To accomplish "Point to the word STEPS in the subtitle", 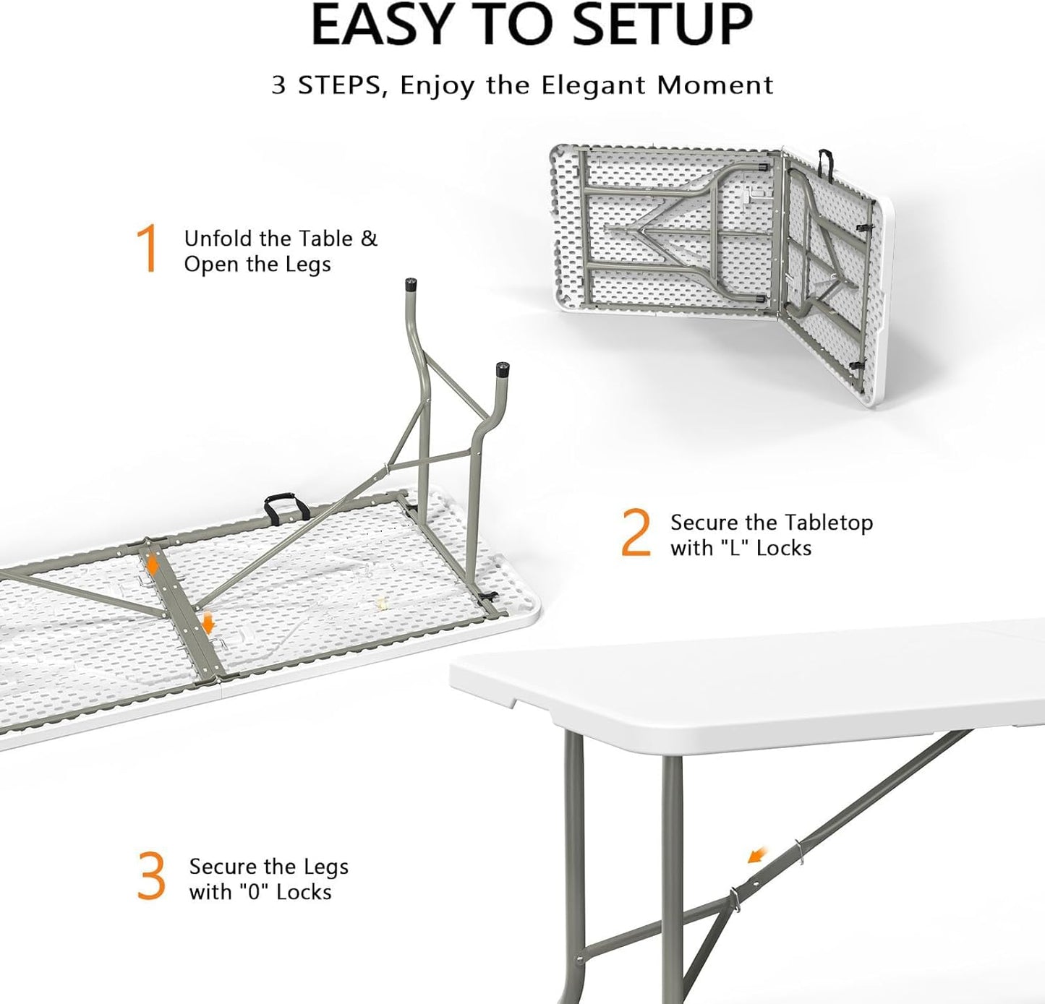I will pos(336,85).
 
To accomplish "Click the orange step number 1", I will pos(148,249).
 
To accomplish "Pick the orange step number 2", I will pos(636,533).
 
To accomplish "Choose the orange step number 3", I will pos(151,877).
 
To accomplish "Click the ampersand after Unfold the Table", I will pos(369,239).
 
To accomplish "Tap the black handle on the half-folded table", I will pos(826,163).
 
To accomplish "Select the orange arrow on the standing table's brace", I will pos(756,856).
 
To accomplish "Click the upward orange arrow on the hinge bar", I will pos(152,565).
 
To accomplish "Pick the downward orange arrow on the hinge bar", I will pos(208,622).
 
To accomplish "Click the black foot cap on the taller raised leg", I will pos(411,284).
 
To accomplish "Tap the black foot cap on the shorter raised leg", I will pos(501,369).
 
